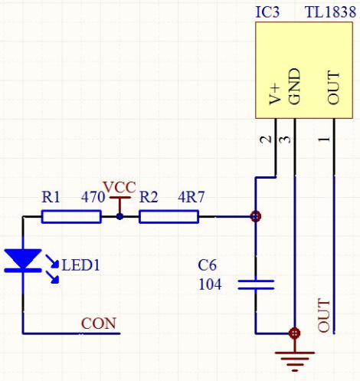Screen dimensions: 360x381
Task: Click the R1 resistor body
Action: point(71,217)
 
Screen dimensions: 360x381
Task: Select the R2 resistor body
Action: point(169,217)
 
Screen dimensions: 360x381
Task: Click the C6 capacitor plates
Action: point(256,284)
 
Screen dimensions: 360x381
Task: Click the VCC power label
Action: point(119,187)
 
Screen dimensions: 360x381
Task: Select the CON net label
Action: point(99,324)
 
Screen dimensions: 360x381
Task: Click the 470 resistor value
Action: point(93,197)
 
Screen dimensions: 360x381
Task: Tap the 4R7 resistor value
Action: point(191,197)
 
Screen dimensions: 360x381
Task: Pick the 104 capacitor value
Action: point(210,284)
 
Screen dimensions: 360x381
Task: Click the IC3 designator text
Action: point(267,12)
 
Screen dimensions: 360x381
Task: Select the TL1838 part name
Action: point(330,12)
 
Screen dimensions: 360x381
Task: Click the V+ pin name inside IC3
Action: point(275,95)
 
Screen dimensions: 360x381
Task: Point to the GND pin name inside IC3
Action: point(294,87)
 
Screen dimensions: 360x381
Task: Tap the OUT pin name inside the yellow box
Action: point(333,87)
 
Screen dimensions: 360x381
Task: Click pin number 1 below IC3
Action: point(324,140)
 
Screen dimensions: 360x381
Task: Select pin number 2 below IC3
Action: point(265,140)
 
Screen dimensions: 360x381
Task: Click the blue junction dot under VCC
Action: point(119,217)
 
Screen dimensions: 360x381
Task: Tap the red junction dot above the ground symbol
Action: point(295,333)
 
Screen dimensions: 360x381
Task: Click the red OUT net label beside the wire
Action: point(324,315)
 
